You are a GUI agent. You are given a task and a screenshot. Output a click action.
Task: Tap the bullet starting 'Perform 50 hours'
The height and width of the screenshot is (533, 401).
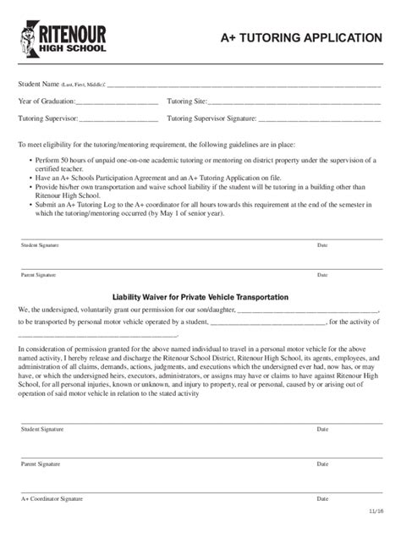[203, 164]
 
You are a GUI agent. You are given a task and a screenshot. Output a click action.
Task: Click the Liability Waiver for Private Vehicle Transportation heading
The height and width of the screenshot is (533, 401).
[200, 297]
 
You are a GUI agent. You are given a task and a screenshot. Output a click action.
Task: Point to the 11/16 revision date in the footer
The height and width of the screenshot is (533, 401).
[375, 512]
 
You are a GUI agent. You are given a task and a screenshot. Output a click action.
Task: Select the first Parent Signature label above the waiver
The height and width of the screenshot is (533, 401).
[39, 275]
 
